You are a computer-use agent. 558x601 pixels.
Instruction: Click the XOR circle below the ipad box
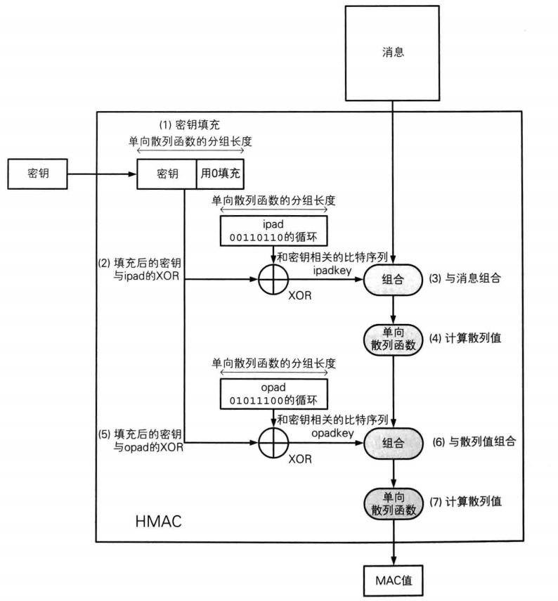pyautogui.click(x=271, y=280)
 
